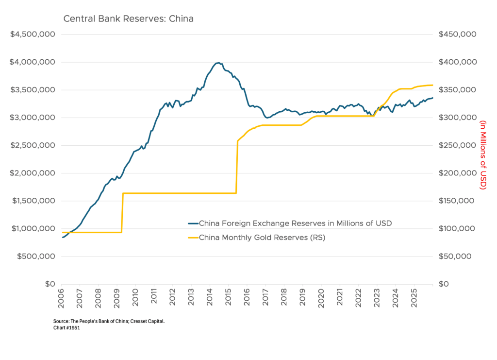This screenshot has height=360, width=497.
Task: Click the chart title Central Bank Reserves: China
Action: click(129, 19)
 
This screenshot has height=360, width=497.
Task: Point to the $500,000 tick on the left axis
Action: click(36, 256)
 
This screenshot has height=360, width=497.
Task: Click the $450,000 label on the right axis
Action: click(457, 34)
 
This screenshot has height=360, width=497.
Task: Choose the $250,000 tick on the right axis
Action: click(457, 145)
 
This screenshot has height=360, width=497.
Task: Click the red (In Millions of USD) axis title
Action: click(483, 154)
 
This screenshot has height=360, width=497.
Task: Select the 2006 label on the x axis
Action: click(61, 298)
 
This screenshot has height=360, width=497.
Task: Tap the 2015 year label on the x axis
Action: click(229, 298)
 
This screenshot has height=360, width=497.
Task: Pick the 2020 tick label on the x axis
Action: click(321, 298)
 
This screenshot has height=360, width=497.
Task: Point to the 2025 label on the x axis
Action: click(414, 298)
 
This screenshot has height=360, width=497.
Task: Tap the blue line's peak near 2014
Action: click(218, 63)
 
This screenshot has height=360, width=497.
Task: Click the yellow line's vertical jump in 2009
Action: click(122, 213)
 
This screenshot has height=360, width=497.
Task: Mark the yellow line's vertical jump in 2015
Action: click(236, 168)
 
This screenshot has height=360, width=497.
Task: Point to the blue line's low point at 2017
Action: click(267, 118)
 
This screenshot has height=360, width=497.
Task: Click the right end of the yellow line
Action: click(432, 85)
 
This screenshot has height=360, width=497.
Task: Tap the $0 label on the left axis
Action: click(50, 284)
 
